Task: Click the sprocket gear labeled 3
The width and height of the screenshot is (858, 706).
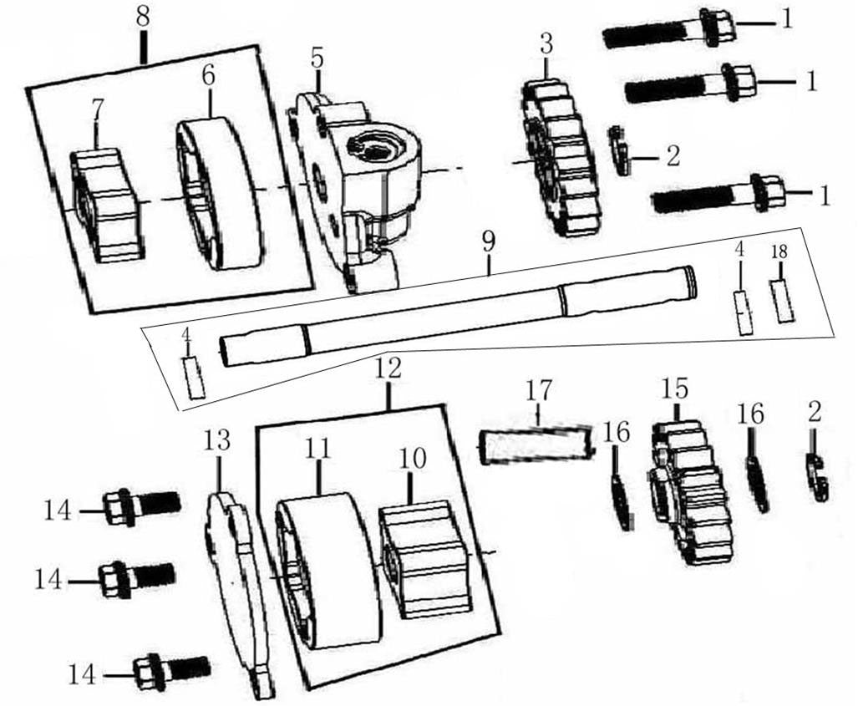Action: coord(561,159)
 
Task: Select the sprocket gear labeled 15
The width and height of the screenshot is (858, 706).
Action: coord(691,492)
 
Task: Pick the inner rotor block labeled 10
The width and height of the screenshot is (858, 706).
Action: coord(421,559)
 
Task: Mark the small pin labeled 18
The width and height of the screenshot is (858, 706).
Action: coord(782,301)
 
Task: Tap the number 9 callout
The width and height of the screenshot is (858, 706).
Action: coord(489,242)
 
